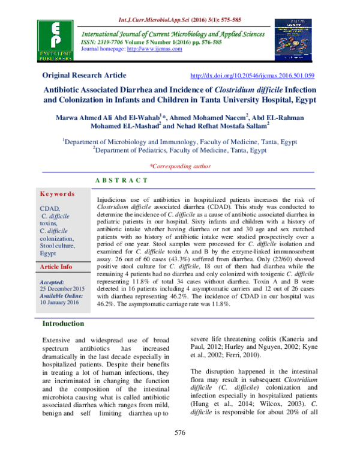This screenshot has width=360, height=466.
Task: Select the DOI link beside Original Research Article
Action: [x=251, y=76]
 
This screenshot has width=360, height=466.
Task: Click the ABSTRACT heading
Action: [x=122, y=180]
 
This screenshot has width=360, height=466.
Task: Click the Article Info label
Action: [x=56, y=266]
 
